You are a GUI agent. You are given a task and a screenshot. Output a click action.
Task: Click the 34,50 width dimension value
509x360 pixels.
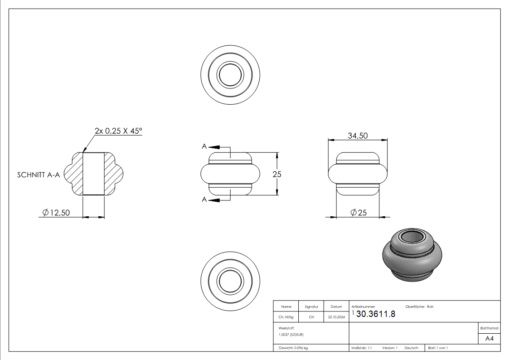point(358,136)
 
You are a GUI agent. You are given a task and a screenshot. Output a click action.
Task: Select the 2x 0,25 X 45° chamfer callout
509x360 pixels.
point(118,131)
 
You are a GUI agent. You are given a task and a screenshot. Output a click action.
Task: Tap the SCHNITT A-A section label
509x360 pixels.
point(39,175)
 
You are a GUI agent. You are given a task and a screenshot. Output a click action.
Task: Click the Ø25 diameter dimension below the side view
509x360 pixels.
point(359,213)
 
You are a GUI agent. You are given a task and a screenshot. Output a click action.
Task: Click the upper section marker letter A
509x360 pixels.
point(204,146)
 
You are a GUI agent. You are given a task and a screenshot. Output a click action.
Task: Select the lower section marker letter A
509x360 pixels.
point(204,199)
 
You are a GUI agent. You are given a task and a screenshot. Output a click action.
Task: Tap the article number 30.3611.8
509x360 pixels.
point(376,314)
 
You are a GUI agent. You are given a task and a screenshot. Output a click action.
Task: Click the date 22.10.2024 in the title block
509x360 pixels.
point(336,317)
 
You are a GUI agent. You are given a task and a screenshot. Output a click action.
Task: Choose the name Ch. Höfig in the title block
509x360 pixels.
point(286,317)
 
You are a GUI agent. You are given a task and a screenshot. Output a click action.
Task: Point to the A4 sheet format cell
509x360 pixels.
point(490,339)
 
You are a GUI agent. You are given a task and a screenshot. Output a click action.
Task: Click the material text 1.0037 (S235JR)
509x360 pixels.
point(291,334)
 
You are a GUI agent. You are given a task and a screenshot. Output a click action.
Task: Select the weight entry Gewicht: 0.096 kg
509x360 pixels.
point(293,348)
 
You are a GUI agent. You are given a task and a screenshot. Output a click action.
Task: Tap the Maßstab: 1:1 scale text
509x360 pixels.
point(362,348)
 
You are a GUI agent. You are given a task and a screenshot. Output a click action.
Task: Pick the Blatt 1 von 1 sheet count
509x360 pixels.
point(438,348)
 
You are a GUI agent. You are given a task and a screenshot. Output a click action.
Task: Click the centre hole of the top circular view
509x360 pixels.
point(230,73)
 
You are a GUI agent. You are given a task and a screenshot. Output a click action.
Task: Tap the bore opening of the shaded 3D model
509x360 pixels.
point(411,237)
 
